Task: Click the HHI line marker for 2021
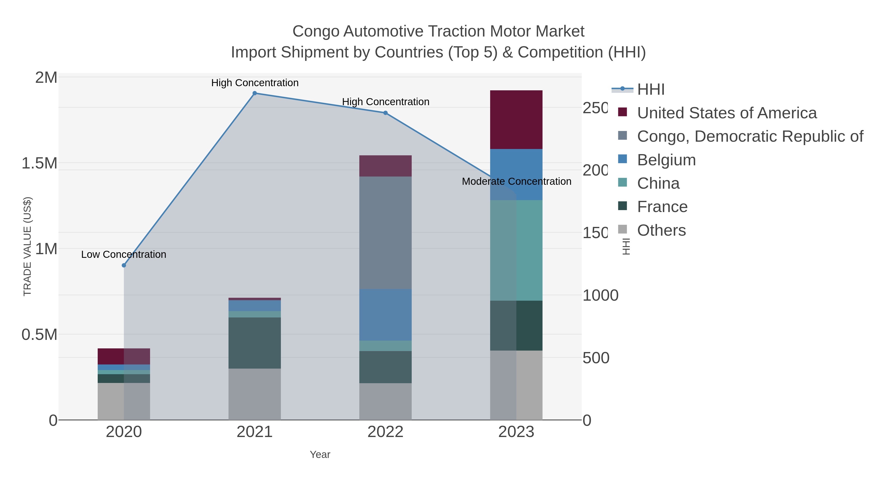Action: (255, 93)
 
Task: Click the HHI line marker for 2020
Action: (124, 265)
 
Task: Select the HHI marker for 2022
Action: (385, 113)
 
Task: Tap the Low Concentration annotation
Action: (124, 254)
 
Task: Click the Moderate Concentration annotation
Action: (516, 181)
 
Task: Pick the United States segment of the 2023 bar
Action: (516, 120)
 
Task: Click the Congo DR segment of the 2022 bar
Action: (385, 233)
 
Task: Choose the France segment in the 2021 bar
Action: (255, 343)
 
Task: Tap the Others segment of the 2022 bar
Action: (385, 401)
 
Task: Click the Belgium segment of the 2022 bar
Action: (385, 315)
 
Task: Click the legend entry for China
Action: (658, 183)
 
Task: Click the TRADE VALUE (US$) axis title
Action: (28, 246)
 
